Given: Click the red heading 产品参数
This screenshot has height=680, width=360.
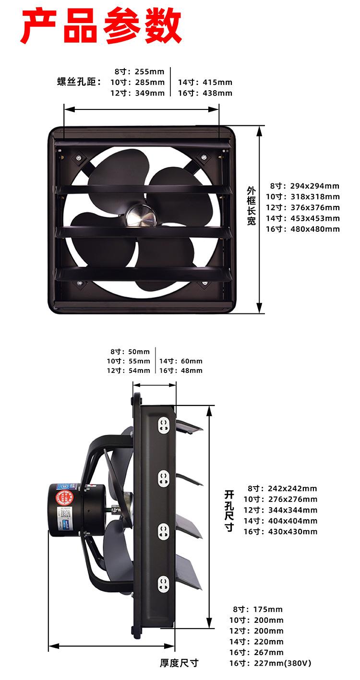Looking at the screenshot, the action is click(x=101, y=26).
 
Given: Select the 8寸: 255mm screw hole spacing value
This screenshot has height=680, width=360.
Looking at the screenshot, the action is click(x=139, y=72).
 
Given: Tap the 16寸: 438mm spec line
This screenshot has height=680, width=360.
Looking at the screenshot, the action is click(x=205, y=93).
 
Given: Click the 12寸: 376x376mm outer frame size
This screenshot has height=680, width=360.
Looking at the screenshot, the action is click(x=303, y=207).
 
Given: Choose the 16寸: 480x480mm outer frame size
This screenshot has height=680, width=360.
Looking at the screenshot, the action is click(x=303, y=229).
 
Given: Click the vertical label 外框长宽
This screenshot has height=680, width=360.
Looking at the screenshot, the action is click(x=252, y=205).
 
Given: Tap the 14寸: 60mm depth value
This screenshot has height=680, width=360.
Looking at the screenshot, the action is click(x=181, y=361).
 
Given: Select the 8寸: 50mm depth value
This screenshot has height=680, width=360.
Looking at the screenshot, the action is click(x=130, y=352).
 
